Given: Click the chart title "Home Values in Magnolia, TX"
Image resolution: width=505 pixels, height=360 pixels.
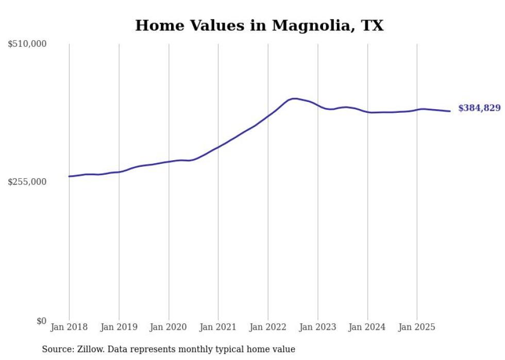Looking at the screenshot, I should [259, 25].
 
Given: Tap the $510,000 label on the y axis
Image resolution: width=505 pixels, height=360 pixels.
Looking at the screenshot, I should [27, 44].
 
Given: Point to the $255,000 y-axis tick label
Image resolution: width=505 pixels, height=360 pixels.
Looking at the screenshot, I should [27, 182].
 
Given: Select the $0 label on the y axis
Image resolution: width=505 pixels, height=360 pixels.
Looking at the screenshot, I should [41, 321].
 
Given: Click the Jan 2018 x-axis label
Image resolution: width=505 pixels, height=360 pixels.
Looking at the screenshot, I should [69, 327].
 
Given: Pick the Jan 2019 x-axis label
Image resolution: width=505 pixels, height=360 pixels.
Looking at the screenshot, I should [119, 327].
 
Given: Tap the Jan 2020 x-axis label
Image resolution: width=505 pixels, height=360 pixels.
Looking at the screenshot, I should [169, 327].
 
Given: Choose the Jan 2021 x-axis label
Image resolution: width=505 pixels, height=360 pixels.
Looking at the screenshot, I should [218, 327].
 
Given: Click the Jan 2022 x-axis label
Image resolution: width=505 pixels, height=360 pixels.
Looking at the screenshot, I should [268, 327].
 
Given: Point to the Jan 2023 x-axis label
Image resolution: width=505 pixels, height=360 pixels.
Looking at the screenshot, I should [317, 327].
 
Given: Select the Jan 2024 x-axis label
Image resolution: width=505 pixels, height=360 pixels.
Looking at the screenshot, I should [367, 327].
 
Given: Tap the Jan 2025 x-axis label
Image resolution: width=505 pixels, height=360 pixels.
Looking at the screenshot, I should [417, 327].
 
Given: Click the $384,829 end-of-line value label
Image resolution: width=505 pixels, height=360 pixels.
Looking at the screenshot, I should [479, 108].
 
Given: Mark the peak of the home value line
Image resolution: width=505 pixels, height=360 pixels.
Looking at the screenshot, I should [294, 98].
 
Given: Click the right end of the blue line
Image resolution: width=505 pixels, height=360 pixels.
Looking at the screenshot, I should [450, 111].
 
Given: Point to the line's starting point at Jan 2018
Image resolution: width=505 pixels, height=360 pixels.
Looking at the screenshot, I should [70, 176].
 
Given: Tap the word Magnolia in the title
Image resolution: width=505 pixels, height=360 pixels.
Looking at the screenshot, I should [309, 25].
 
